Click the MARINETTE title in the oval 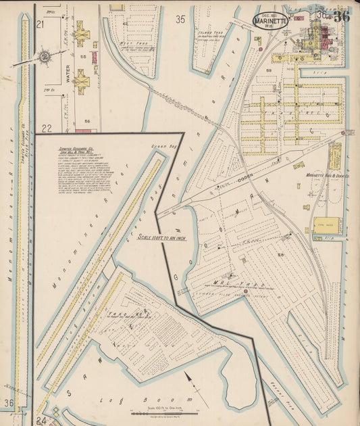(x=271, y=21)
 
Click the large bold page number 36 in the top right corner (x=341, y=17)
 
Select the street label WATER (x=68, y=73)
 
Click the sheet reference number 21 (x=40, y=24)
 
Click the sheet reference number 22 (x=46, y=128)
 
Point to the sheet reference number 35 (x=180, y=20)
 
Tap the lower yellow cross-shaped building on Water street (x=81, y=81)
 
